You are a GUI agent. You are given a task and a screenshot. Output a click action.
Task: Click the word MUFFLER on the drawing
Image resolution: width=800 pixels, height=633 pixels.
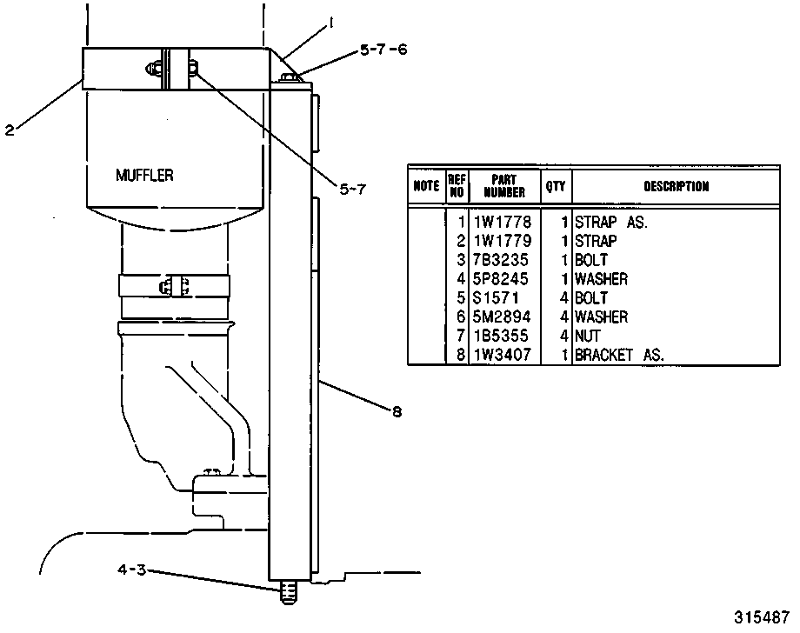144,176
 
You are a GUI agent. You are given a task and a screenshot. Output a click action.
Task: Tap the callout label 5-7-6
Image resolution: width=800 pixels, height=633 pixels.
383,50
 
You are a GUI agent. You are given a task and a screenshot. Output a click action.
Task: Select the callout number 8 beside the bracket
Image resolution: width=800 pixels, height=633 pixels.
397,411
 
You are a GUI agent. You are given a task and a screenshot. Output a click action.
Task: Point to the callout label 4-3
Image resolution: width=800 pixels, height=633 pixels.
131,570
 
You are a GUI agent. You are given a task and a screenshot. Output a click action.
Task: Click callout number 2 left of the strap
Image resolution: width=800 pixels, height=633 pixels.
10,130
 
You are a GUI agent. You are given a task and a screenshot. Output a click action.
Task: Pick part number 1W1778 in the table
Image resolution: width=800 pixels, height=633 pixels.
503,222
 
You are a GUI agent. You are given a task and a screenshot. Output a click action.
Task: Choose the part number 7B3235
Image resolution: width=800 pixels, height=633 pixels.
501,260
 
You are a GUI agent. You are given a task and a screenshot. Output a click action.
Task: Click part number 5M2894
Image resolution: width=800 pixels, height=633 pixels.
502,316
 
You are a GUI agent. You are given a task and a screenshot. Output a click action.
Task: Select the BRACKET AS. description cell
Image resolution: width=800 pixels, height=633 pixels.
619,355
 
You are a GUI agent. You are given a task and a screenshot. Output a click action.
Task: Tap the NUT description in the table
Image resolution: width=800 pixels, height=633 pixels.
588,336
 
